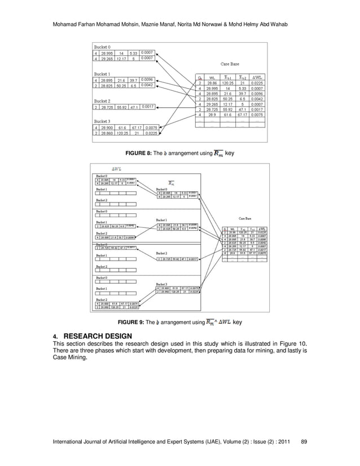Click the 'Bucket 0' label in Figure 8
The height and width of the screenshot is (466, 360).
103,46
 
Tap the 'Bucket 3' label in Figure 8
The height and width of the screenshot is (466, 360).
103,121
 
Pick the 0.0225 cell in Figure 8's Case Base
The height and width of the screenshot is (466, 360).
257,83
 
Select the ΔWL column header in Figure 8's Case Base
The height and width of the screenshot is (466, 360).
257,77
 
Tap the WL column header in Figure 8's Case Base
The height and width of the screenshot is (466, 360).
212,77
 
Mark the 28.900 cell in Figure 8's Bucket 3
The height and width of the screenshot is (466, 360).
107,128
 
